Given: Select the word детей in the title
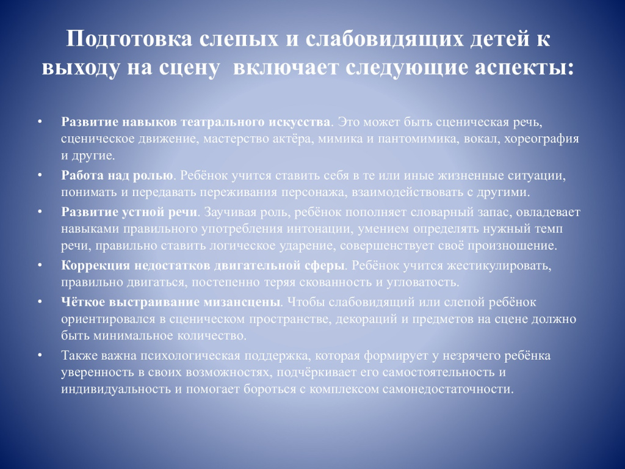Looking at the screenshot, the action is point(491,39).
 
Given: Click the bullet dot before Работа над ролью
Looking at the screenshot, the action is point(40,175).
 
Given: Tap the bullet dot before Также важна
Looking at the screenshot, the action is point(40,355).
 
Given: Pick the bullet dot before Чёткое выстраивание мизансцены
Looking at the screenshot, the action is point(40,301).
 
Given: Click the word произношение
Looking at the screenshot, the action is point(512,245).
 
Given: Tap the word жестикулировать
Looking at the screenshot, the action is point(499,265).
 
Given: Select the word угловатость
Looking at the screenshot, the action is point(422,283).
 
